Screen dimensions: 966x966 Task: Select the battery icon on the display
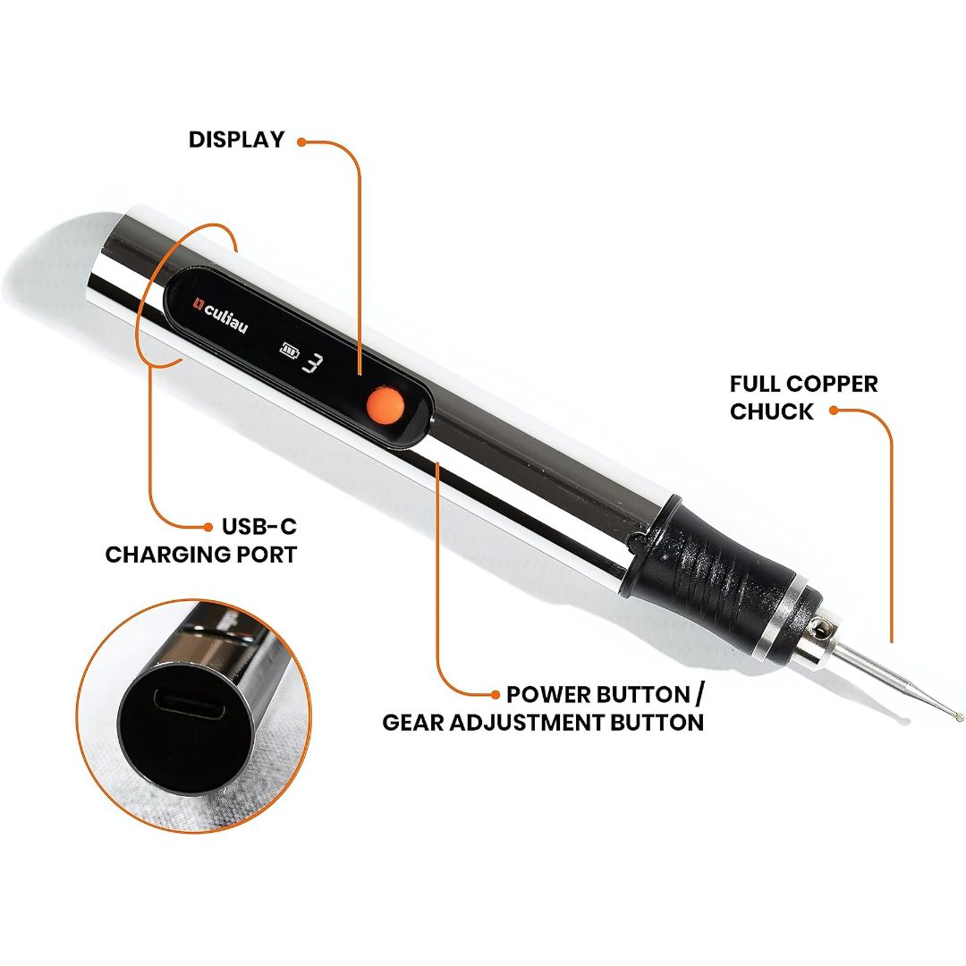click(288, 350)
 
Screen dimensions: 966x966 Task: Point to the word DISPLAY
click(236, 140)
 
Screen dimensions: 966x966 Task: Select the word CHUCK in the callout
click(772, 411)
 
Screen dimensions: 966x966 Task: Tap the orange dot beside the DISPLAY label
click(301, 141)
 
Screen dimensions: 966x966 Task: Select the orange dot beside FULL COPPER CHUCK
click(833, 411)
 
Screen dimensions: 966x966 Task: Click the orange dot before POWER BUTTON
click(495, 695)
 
